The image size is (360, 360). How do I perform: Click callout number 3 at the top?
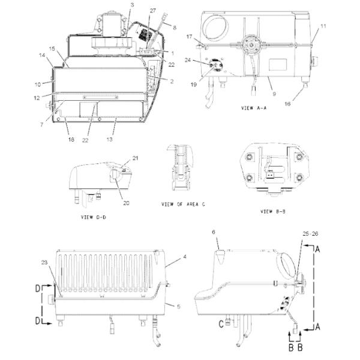tap(131, 5)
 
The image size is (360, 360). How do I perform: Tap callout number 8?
tap(175, 28)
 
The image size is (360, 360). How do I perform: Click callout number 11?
tap(322, 26)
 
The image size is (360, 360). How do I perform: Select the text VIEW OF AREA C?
tap(184, 205)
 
